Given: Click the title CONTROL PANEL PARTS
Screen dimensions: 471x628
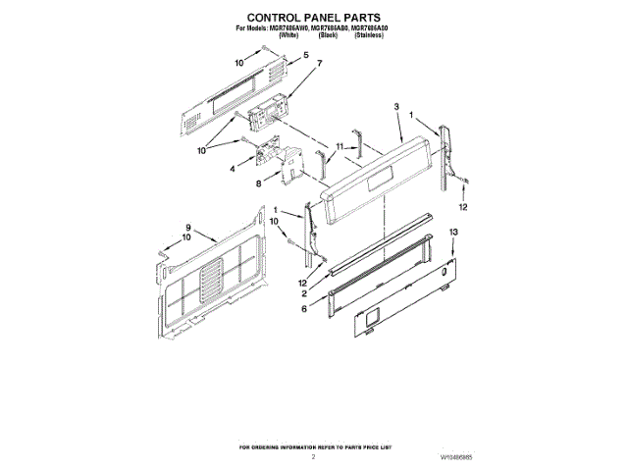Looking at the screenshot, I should (313, 17).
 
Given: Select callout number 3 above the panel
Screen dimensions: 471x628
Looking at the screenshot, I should (395, 105).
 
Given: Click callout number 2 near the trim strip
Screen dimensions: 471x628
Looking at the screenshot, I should (305, 293).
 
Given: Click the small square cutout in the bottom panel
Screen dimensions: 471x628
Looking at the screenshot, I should (370, 317).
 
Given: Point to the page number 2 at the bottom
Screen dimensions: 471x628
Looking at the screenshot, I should (313, 457).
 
